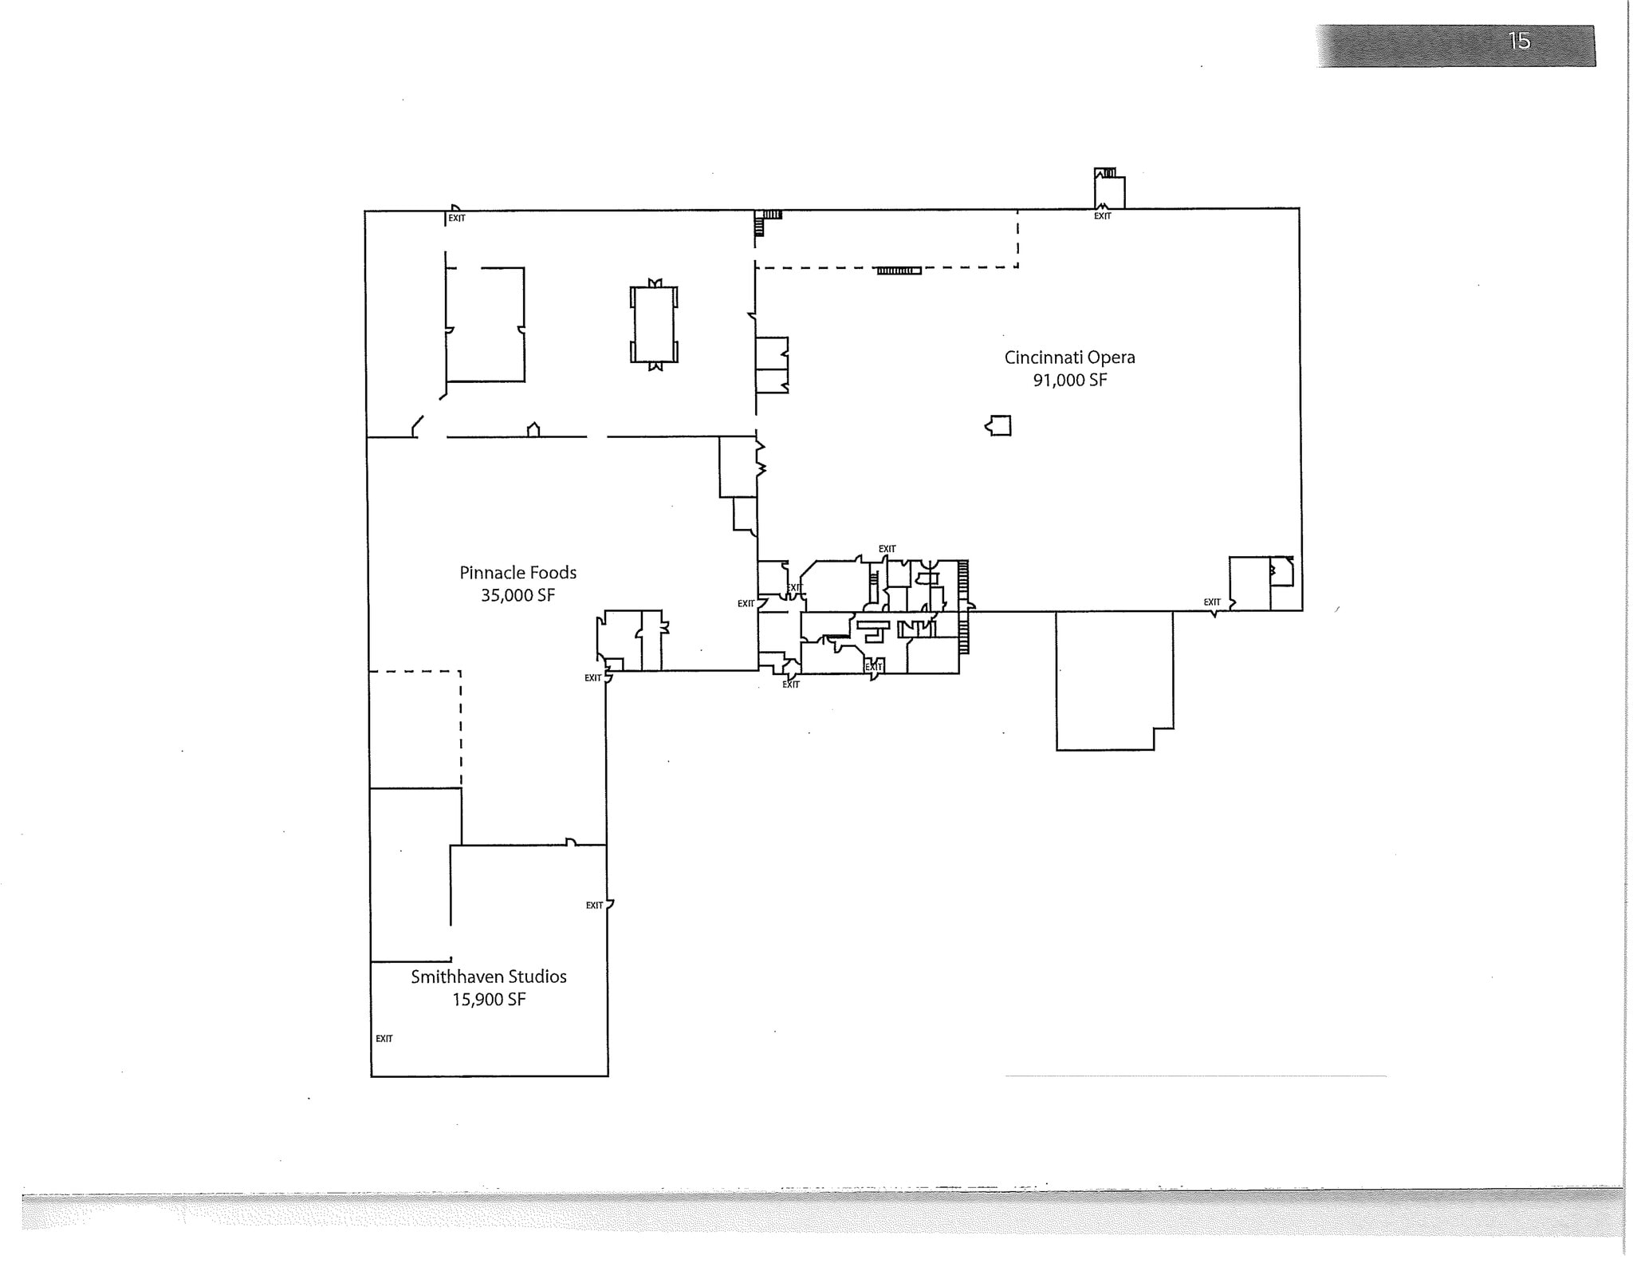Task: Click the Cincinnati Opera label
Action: pos(1069,357)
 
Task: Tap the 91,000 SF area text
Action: pos(1070,381)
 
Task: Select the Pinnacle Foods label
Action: pos(517,573)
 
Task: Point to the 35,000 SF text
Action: pos(517,595)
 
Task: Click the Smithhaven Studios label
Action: pos(489,977)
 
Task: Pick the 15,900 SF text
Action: pos(489,1000)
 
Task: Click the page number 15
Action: pos(1519,41)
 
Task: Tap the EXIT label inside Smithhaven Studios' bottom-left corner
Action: pos(384,1039)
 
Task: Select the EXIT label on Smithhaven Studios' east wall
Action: pos(595,906)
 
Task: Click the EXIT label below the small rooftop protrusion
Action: pos(1102,216)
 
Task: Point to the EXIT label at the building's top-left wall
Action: pos(457,219)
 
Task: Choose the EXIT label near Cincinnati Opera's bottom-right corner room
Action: pos(1212,602)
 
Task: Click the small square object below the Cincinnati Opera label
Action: pos(1000,425)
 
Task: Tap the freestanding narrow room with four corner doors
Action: pos(654,325)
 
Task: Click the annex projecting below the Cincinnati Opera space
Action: pos(1113,678)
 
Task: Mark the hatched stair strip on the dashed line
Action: pos(899,271)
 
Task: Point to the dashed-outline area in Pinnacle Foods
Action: pos(415,728)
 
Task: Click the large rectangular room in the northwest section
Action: pos(485,324)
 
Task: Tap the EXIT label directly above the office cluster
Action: pos(887,549)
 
